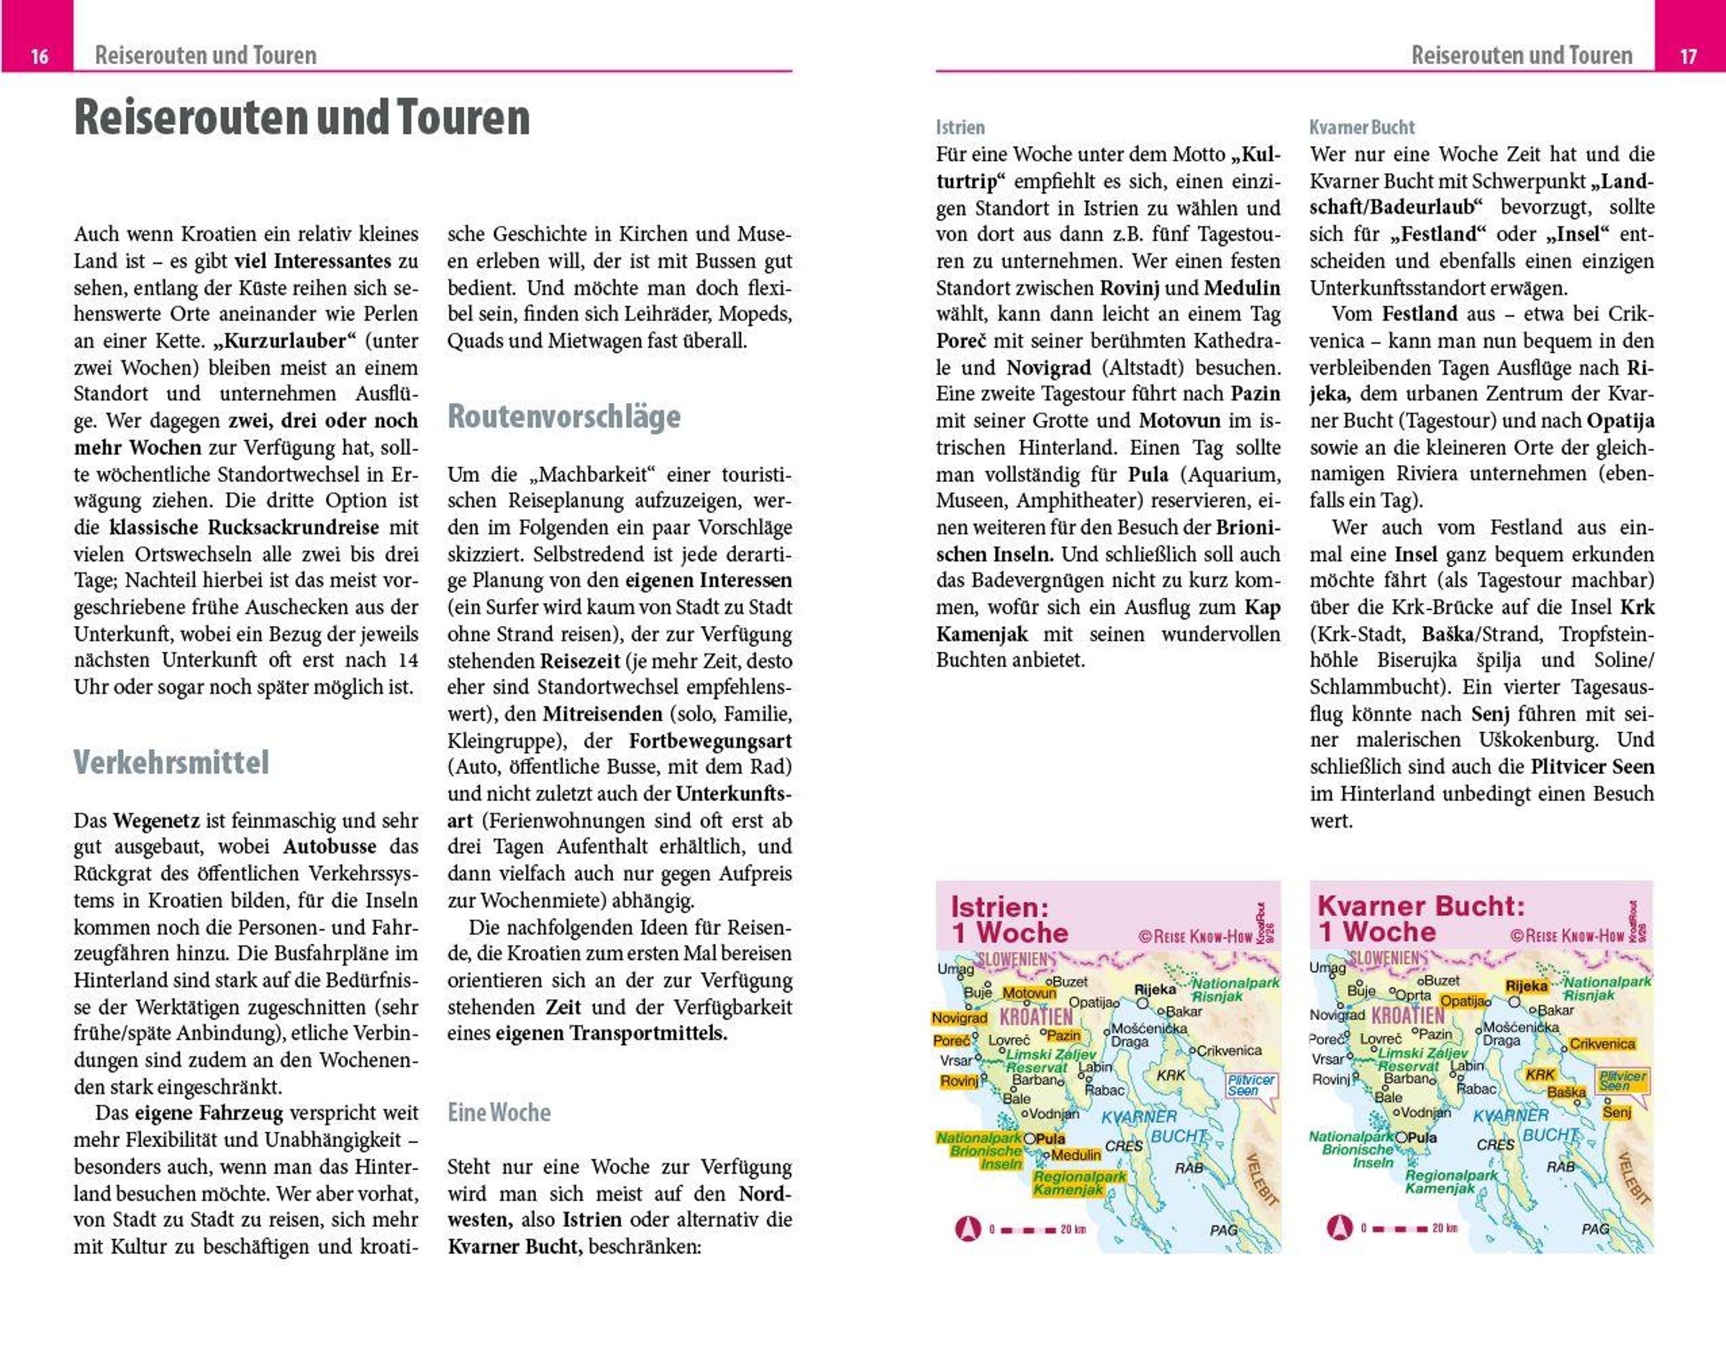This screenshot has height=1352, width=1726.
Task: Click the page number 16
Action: [39, 56]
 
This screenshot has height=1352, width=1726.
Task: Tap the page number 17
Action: [1688, 56]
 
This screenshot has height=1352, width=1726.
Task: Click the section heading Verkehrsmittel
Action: [171, 762]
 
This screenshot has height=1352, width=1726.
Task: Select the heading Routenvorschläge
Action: [563, 417]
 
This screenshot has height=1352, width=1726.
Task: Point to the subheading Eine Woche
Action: [499, 1112]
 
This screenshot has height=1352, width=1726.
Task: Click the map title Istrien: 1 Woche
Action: [1010, 919]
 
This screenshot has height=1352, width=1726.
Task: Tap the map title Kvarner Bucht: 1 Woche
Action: [1420, 918]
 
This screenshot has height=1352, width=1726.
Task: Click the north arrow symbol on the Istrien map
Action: [967, 1228]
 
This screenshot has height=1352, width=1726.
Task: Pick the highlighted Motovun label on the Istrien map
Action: [1029, 993]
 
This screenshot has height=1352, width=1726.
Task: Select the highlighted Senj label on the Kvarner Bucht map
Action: [1616, 1112]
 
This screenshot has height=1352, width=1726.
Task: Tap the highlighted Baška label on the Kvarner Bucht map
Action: [1566, 1092]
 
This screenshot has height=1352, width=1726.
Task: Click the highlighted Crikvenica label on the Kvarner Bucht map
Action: [1602, 1043]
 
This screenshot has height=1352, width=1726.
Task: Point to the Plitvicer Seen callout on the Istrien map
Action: [1250, 1084]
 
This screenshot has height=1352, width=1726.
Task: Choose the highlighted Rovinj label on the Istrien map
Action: [959, 1081]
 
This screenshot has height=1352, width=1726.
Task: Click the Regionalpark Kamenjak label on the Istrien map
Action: [1078, 1183]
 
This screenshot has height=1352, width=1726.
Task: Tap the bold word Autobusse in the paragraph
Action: [330, 846]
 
